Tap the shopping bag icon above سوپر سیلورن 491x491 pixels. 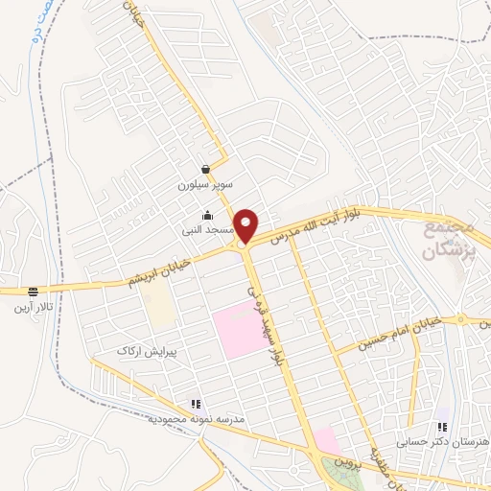(205, 169)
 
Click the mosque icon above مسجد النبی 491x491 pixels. (207, 217)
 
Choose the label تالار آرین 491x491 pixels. (34, 306)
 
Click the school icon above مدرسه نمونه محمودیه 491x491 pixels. (197, 404)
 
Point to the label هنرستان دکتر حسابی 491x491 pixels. (442, 442)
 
